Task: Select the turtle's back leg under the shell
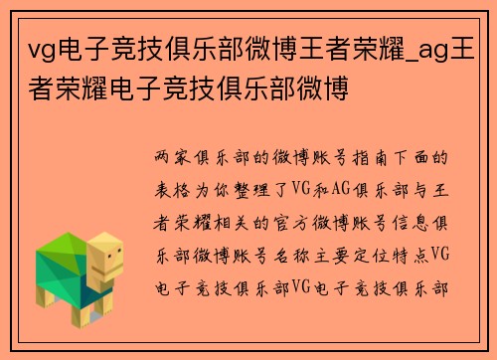coord(45,298)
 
